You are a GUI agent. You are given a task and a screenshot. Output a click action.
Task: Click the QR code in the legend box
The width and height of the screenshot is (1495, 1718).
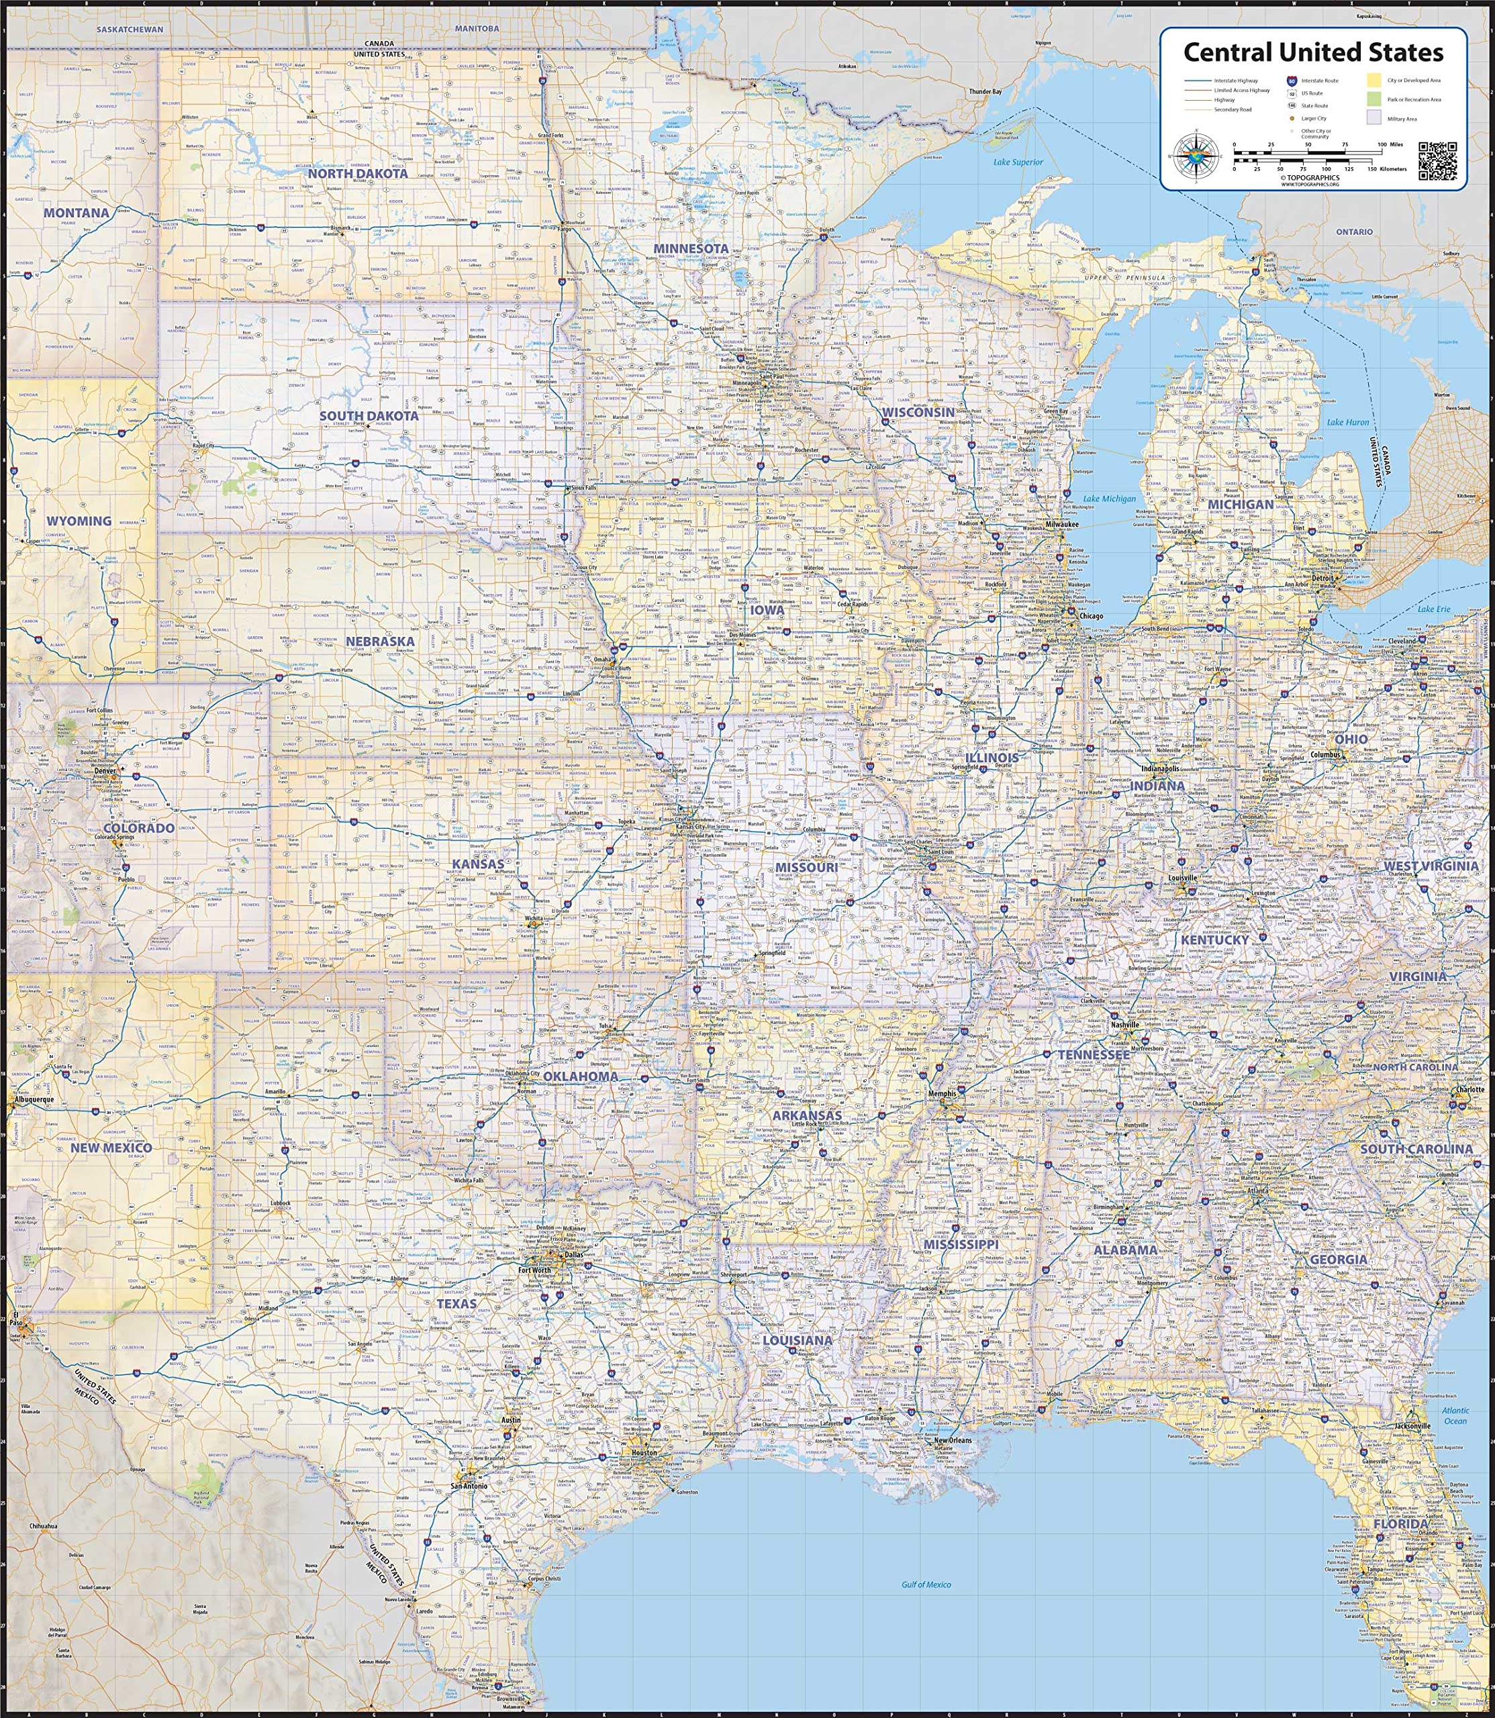pyautogui.click(x=1437, y=158)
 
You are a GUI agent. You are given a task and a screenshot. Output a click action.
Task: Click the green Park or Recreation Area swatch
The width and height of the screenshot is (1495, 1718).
pyautogui.click(x=1373, y=99)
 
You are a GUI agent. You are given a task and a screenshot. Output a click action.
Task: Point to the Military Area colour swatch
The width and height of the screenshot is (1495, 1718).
pyautogui.click(x=1373, y=118)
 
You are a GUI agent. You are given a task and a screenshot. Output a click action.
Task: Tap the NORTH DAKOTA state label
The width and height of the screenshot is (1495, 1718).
pyautogui.click(x=358, y=173)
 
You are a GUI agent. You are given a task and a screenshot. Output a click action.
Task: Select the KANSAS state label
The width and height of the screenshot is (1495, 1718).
pyautogui.click(x=478, y=864)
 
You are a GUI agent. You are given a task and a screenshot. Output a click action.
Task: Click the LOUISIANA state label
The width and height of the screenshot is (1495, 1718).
pyautogui.click(x=798, y=1340)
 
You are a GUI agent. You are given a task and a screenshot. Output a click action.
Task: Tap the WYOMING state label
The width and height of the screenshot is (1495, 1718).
pyautogui.click(x=79, y=520)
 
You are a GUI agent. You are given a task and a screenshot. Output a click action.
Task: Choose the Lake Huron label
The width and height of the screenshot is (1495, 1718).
pyautogui.click(x=1348, y=422)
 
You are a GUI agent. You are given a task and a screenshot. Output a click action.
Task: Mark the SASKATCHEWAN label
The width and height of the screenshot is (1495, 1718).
pyautogui.click(x=130, y=29)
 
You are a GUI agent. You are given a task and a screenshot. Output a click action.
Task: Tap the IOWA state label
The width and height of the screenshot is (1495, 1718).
pyautogui.click(x=767, y=609)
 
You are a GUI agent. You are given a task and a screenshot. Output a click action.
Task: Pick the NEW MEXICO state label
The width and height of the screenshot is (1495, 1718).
pyautogui.click(x=111, y=1148)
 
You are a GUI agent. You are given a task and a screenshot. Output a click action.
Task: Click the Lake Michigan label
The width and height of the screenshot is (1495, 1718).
pyautogui.click(x=1110, y=499)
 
